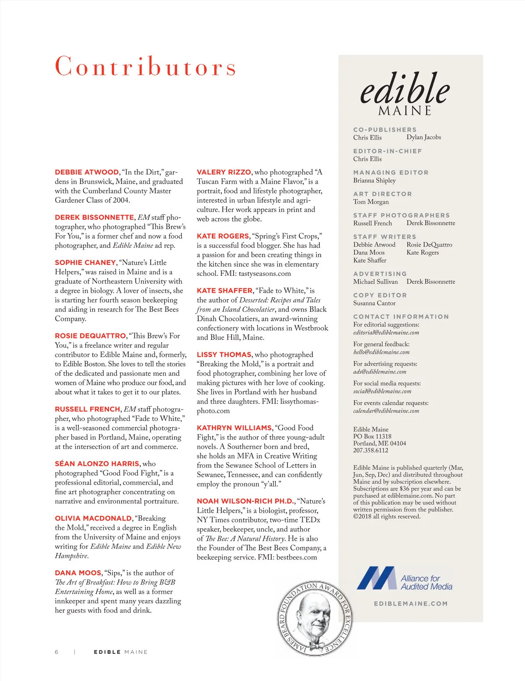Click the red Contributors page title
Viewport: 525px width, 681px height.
pos(145,66)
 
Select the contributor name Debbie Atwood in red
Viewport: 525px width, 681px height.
pos(87,172)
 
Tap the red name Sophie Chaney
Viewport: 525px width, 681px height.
pos(85,263)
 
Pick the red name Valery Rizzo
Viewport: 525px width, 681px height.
pos(224,172)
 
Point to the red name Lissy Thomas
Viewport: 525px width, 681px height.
pos(224,354)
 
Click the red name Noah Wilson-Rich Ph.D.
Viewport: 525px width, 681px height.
pos(245,501)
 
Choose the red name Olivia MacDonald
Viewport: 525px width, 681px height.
pos(93,518)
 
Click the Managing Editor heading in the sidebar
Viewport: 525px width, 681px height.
pos(391,173)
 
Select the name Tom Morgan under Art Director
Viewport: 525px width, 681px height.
pos(371,202)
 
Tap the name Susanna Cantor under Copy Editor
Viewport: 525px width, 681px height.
pos(374,303)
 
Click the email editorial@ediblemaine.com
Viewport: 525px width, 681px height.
pos(386,333)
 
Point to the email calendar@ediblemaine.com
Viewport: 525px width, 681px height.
pos(386,411)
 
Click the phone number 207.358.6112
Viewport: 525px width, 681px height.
pos(371,451)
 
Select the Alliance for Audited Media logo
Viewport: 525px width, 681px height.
pos(405,579)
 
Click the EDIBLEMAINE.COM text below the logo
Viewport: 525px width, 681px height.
pos(411,604)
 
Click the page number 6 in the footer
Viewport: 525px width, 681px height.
pos(56,652)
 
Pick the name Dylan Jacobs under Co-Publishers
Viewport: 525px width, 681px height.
pos(423,137)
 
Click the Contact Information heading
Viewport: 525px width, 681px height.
pos(401,317)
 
